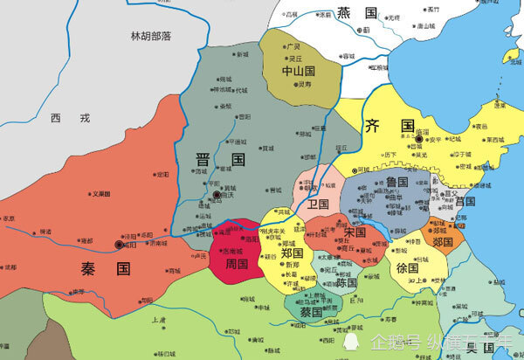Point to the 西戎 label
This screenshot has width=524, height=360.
[x=59, y=117]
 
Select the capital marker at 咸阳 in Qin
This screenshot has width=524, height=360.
[x=119, y=247]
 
